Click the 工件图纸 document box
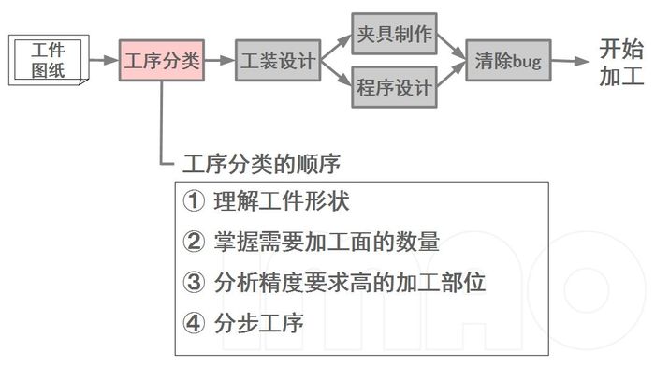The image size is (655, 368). (x=49, y=60)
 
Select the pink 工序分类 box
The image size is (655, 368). (x=162, y=61)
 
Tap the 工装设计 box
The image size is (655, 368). (x=276, y=61)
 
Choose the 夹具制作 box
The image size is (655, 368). (x=394, y=35)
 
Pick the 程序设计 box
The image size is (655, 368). (x=394, y=88)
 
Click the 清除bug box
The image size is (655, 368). (x=509, y=61)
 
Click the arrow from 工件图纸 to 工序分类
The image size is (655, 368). (x=102, y=61)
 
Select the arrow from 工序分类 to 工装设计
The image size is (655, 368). (x=219, y=61)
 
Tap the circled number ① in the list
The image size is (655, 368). (x=193, y=202)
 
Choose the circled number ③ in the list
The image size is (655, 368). (x=193, y=282)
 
